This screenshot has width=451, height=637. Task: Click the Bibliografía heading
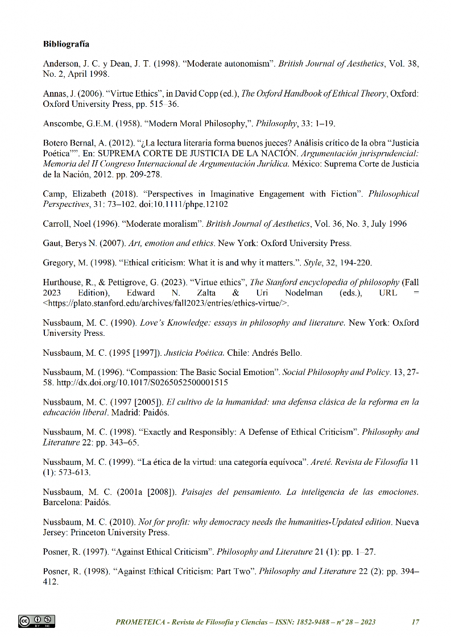click(x=66, y=44)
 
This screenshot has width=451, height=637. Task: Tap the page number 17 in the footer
click(x=415, y=622)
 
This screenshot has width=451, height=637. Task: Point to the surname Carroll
click(x=56, y=224)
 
